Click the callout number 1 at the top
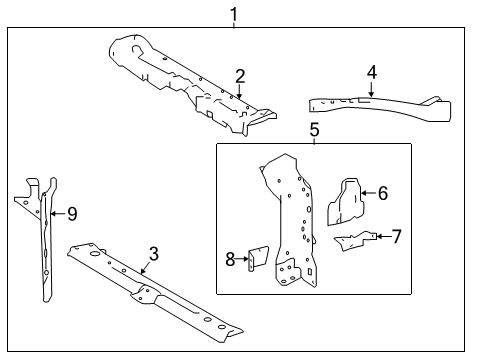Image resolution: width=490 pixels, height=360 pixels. (234, 15)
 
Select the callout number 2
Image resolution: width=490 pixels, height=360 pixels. (240, 76)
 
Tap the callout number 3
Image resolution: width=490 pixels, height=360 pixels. (153, 254)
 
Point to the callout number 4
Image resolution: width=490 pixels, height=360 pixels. (372, 72)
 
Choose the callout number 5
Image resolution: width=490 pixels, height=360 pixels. (314, 129)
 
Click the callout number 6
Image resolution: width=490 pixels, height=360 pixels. (383, 193)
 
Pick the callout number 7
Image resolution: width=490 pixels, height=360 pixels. (397, 236)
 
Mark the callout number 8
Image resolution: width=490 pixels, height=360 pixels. (230, 259)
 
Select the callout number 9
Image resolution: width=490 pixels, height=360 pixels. (72, 214)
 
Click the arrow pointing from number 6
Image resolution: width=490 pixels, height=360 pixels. (369, 193)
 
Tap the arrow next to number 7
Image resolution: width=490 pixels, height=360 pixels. (383, 236)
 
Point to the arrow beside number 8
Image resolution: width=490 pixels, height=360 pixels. (242, 259)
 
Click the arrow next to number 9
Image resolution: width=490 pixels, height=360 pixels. (58, 213)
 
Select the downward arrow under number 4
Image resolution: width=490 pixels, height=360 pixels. (371, 89)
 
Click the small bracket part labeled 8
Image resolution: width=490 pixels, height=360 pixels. (259, 259)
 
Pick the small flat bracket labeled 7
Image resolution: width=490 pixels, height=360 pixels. (355, 241)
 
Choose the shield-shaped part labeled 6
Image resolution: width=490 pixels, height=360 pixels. (346, 202)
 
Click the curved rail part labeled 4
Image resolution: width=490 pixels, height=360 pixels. (380, 107)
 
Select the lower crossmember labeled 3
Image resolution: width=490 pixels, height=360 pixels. (155, 292)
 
